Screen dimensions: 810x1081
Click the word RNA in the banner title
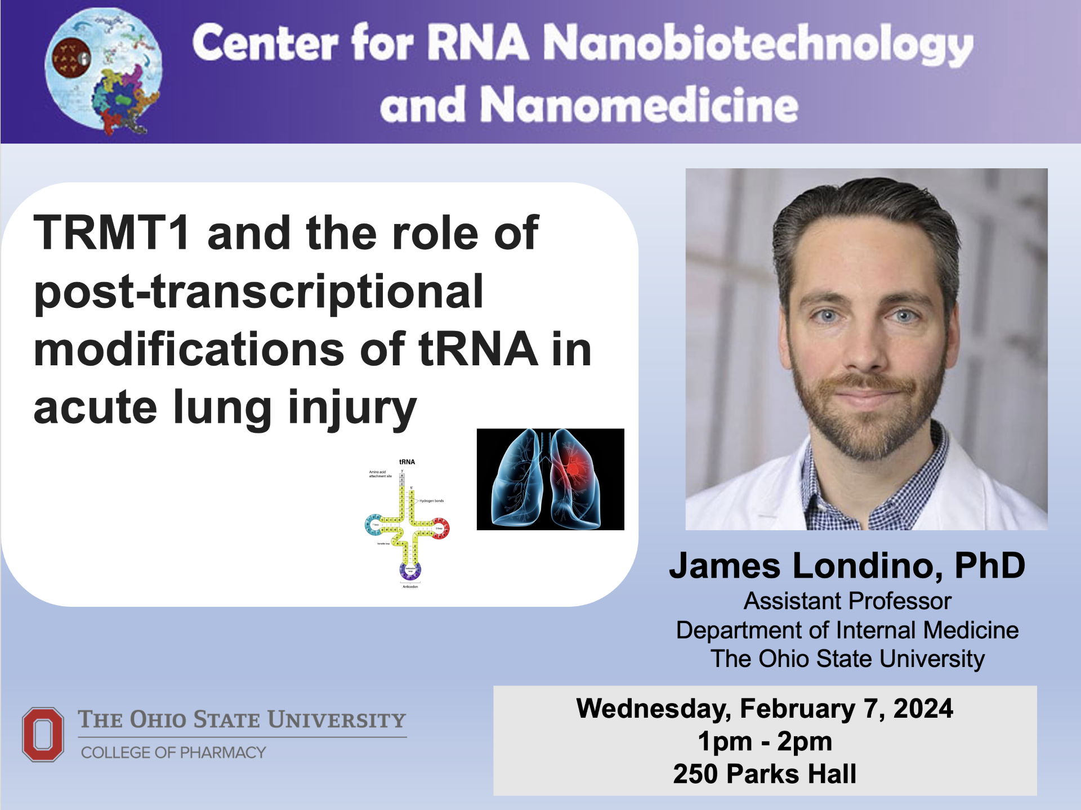[x=478, y=43]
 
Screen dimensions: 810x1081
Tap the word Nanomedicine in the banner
[x=638, y=105]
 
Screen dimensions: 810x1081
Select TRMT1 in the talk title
[x=111, y=233]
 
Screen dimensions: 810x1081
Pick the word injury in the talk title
[x=352, y=408]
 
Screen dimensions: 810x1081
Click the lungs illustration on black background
[x=550, y=479]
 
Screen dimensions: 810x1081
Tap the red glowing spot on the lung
[x=573, y=468]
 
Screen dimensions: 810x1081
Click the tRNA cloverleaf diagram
[x=407, y=523]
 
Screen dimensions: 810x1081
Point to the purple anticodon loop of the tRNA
[x=410, y=570]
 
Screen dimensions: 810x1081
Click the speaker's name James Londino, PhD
[x=847, y=565]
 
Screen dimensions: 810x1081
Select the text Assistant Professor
[x=847, y=601]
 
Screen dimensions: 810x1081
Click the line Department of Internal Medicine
[x=847, y=630]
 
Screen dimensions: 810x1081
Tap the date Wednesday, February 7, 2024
[x=765, y=708]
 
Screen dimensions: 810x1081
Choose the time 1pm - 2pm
[x=765, y=741]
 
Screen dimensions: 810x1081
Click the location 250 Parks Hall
[x=765, y=773]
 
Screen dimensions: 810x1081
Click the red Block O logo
[x=43, y=735]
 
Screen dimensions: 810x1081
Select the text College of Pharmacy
[x=173, y=753]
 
